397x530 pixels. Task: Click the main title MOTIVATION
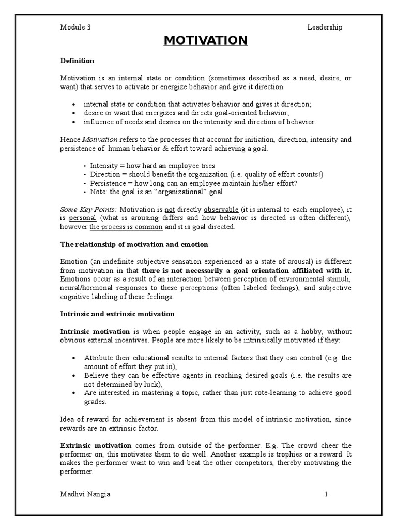coord(198,40)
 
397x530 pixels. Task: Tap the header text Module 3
coord(75,27)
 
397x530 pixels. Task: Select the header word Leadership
coord(324,27)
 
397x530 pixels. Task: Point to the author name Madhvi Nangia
coord(85,494)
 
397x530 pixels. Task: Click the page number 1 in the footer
coord(326,494)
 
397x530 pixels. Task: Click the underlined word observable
coord(221,209)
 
